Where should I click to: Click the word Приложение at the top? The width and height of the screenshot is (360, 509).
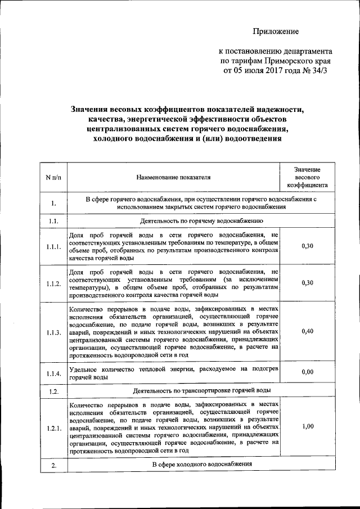[x=275, y=31]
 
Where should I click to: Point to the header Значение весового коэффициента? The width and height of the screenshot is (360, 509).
[x=307, y=177]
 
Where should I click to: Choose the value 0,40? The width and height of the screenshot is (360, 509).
[x=307, y=331]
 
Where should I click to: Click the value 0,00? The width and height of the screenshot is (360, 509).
[x=307, y=372]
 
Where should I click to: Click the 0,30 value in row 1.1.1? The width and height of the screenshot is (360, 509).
[x=307, y=246]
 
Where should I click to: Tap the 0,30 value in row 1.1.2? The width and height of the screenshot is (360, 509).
[x=307, y=282]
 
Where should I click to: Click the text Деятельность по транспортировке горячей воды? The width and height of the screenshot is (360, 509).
[x=202, y=390]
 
